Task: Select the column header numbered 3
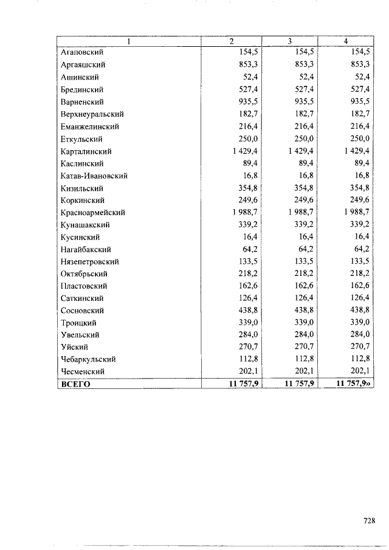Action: tap(289, 41)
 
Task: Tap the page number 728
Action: tap(368, 521)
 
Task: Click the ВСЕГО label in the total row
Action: tap(75, 384)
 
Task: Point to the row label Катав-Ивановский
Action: tap(94, 176)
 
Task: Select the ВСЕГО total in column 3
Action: tap(298, 384)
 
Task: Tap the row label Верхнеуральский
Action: tap(92, 114)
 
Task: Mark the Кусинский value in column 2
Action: tap(249, 237)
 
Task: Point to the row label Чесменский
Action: tap(82, 371)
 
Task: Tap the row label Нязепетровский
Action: tap(89, 261)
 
